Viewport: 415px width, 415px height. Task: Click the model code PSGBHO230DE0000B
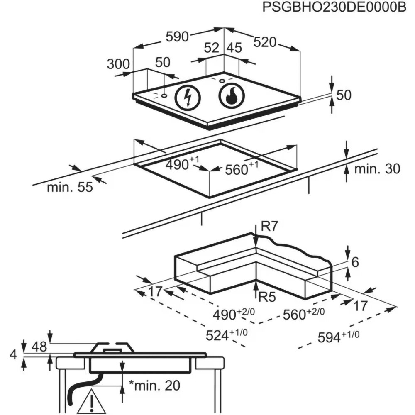[334, 8]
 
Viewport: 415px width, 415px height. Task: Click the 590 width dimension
[177, 37]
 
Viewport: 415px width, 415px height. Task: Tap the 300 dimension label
[118, 64]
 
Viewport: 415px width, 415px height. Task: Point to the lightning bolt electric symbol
[188, 98]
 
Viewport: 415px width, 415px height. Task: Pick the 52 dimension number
[211, 48]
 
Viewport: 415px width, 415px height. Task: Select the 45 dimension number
[233, 48]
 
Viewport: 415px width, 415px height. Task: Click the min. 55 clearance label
[69, 187]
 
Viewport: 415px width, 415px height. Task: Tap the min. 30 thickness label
[377, 169]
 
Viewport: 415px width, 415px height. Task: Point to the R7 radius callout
[269, 227]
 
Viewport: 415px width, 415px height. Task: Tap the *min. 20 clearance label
[154, 386]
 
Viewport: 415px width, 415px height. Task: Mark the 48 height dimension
[39, 347]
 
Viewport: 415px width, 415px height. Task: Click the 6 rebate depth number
[355, 262]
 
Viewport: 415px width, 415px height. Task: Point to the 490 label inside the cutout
[179, 165]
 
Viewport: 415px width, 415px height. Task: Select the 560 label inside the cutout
[239, 169]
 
